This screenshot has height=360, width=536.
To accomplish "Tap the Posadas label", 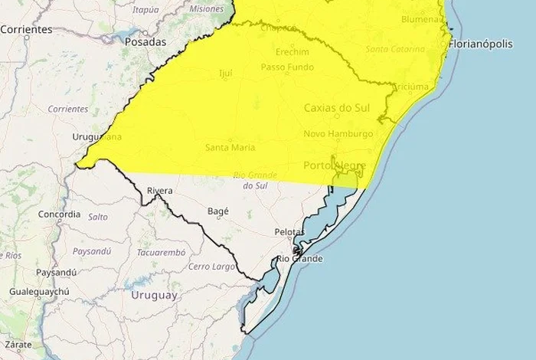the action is pyautogui.click(x=145, y=42).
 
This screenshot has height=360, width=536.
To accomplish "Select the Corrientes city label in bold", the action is pyautogui.click(x=26, y=29).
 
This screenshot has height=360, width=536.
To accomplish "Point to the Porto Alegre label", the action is pyautogui.click(x=335, y=165).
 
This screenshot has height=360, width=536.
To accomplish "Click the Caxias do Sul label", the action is pyautogui.click(x=337, y=108).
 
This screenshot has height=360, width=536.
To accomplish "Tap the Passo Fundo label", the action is pyautogui.click(x=286, y=67).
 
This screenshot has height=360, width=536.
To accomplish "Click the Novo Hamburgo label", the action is pyautogui.click(x=338, y=134).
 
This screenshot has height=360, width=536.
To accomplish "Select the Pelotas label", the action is pyautogui.click(x=289, y=231).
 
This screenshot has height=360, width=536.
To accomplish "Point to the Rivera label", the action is pyautogui.click(x=159, y=191).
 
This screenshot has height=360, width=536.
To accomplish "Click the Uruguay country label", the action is pyautogui.click(x=154, y=295).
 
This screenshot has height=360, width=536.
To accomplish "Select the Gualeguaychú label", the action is pyautogui.click(x=39, y=292).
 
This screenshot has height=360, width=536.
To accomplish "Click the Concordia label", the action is pyautogui.click(x=59, y=214).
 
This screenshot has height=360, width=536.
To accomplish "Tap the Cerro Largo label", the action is pyautogui.click(x=212, y=267).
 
